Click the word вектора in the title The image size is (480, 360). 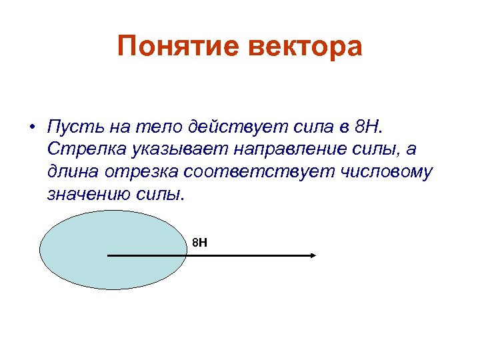(x=308, y=47)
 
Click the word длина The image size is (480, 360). (x=74, y=172)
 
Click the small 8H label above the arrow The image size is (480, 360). (x=199, y=241)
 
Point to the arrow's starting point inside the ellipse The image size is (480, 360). (x=108, y=255)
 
